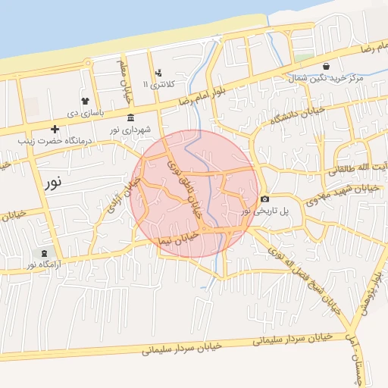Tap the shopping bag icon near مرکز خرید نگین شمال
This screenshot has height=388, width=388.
click(x=326, y=66)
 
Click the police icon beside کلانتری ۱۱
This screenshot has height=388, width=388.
click(x=158, y=74)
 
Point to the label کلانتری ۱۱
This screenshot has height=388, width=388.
click(x=159, y=85)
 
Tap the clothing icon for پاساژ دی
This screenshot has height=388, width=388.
click(x=83, y=101)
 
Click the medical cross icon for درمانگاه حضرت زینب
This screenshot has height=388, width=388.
click(x=55, y=129)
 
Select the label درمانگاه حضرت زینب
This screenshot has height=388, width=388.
click(x=55, y=140)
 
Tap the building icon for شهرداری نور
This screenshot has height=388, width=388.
click(x=131, y=117)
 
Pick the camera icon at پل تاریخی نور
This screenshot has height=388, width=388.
click(x=264, y=199)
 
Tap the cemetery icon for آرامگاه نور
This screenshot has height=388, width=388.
click(x=42, y=253)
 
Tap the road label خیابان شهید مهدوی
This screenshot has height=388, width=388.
click(x=341, y=195)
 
